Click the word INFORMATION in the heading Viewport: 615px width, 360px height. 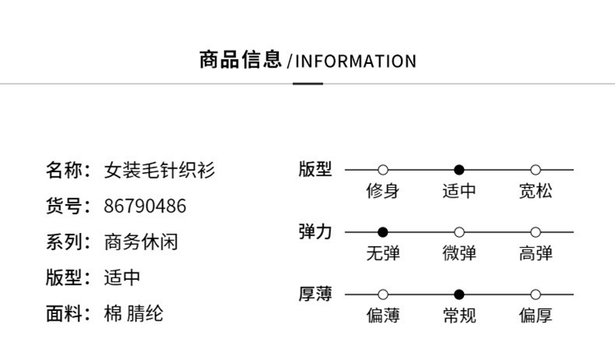point(356,62)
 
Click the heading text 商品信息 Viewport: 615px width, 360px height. point(240,60)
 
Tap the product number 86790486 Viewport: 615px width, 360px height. point(144,207)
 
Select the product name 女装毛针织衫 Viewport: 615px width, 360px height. point(159,171)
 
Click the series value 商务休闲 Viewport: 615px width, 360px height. point(141,242)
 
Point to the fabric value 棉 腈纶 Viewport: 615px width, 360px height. point(134,314)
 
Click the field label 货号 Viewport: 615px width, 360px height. point(64,207)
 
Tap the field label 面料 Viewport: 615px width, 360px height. point(64,314)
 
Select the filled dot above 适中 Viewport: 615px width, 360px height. point(459,170)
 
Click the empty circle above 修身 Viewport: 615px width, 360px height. point(383,170)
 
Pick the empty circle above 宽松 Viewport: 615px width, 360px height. point(535,170)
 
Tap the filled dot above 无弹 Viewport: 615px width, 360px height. point(383,232)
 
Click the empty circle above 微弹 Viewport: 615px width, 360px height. point(459,232)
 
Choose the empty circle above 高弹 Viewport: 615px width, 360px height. point(535,232)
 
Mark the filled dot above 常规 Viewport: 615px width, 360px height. point(459,294)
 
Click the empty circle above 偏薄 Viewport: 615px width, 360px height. point(383,294)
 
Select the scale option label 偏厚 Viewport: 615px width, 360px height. point(535,315)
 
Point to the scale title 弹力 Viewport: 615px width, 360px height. point(315,232)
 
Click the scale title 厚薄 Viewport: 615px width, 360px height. point(315,294)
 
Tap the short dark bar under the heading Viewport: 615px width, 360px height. point(307,84)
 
